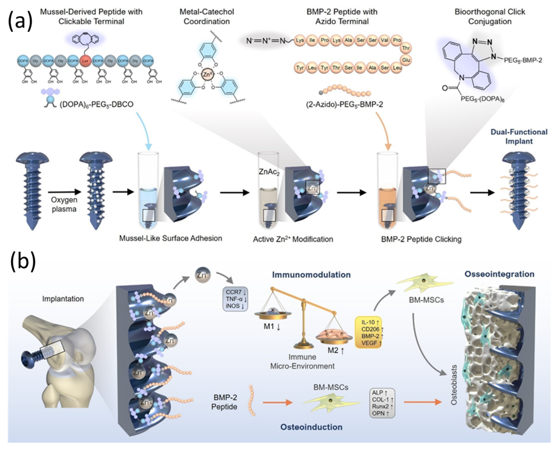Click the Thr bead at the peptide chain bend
point(406,48)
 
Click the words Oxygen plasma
point(64,204)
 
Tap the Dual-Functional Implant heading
point(519,137)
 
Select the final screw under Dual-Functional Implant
point(519,191)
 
